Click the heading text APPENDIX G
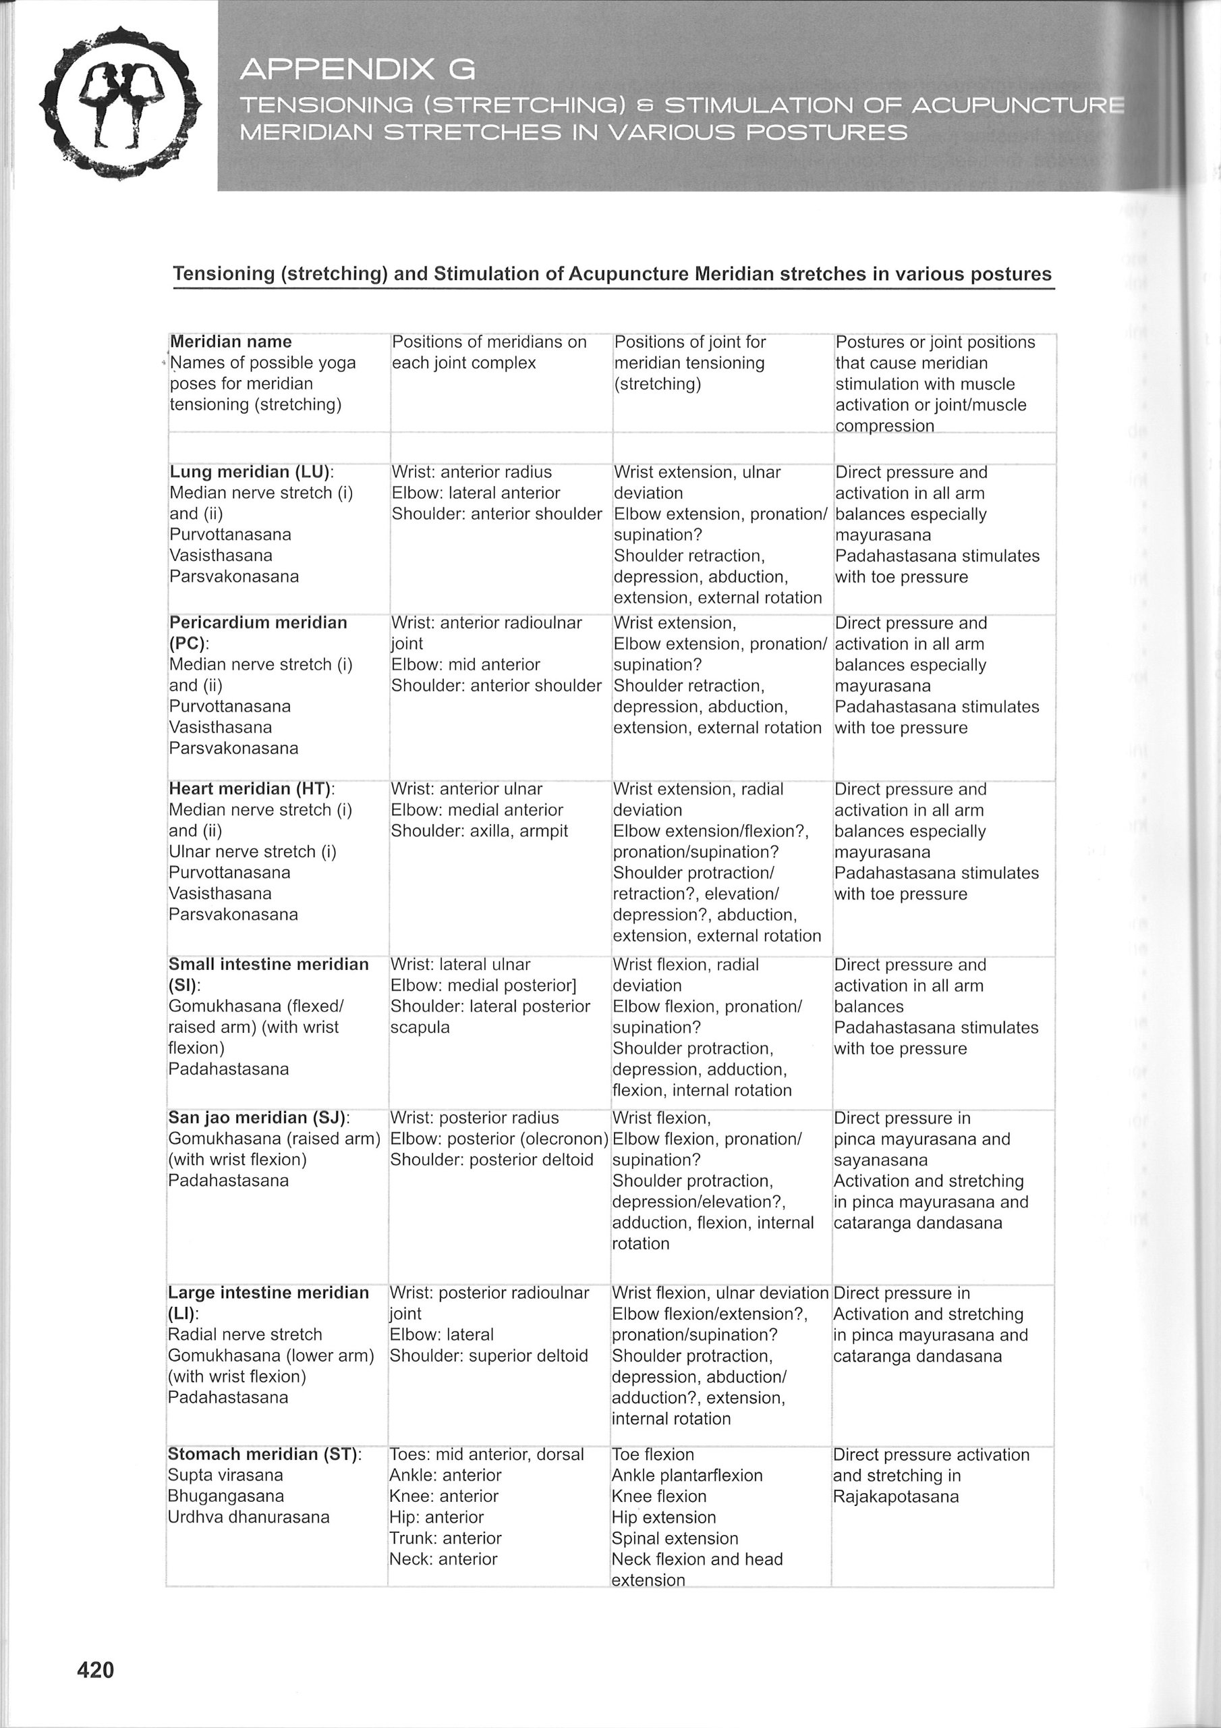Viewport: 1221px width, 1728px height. coord(358,70)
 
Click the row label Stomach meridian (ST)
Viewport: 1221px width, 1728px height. coord(264,1454)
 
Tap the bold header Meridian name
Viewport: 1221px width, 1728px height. coord(231,342)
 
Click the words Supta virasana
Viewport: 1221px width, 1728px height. coord(226,1475)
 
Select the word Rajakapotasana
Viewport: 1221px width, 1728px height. coord(895,1496)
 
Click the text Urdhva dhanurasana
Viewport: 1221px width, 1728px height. coord(248,1517)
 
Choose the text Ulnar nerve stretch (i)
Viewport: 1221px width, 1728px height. coord(252,852)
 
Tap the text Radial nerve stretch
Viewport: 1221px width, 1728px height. coord(244,1334)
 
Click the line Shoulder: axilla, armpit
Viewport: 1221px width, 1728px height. coord(479,831)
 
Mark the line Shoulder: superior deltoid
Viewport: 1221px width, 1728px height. coord(488,1355)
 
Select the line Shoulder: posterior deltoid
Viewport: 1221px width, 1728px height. coord(491,1160)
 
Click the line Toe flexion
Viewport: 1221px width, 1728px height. coord(652,1454)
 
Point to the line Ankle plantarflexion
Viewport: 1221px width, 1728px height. coord(687,1475)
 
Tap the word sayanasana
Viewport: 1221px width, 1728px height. coord(880,1160)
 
